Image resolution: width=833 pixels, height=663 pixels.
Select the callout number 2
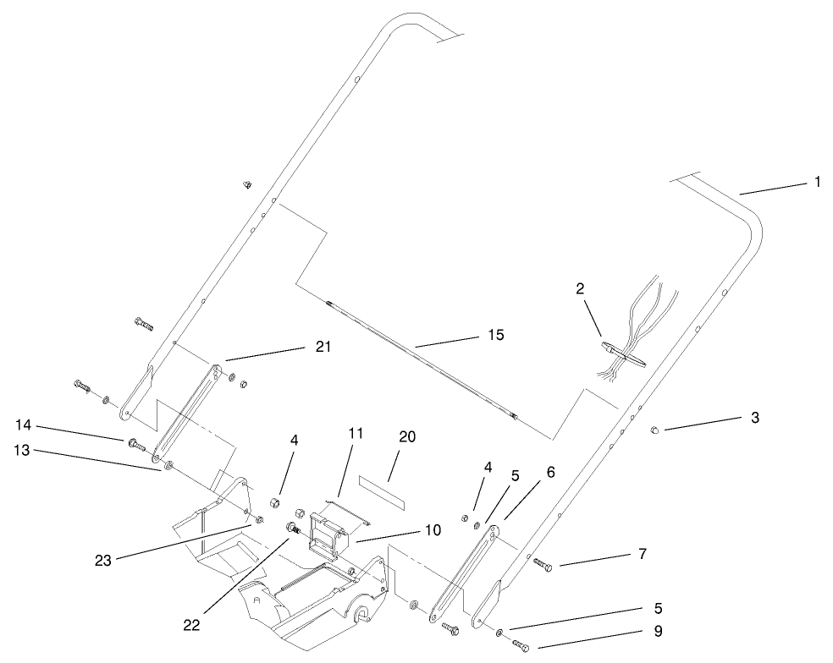[x=580, y=289]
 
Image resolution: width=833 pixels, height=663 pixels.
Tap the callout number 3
[x=754, y=417]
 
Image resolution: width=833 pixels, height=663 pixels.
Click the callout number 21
[x=323, y=347]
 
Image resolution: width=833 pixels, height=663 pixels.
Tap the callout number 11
[x=355, y=434]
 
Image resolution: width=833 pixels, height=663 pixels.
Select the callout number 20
[x=406, y=436]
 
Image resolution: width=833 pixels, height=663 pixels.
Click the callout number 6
[x=550, y=473]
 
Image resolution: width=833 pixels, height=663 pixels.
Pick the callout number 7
[x=642, y=554]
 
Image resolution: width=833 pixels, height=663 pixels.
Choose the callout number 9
[x=658, y=630]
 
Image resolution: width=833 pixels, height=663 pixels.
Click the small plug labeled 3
[x=654, y=431]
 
